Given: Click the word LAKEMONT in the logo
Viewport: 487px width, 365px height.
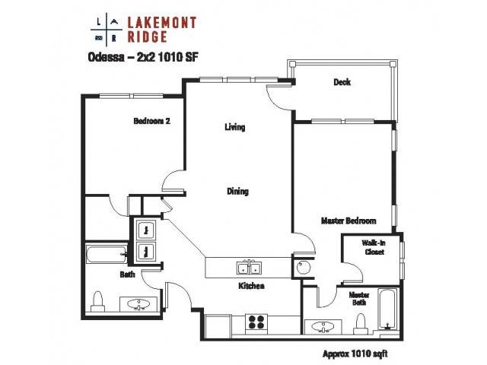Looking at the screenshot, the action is (x=162, y=23).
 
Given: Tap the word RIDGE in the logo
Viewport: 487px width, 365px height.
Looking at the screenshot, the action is (x=148, y=36).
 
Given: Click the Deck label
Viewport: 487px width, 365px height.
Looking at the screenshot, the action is (x=342, y=82).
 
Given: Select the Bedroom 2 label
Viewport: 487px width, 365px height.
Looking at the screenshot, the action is (x=152, y=121).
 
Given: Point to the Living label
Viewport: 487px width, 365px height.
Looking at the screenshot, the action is (x=235, y=127).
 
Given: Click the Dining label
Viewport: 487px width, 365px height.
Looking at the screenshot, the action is (x=237, y=191).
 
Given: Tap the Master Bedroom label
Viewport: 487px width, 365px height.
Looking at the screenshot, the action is (x=349, y=221).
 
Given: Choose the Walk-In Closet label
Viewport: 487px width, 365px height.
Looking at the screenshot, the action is (x=374, y=247).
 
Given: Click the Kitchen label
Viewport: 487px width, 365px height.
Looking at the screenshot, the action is (x=251, y=286).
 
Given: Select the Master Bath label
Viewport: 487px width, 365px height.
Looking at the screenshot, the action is (x=359, y=298).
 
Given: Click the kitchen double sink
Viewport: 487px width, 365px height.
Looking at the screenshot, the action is (x=249, y=268).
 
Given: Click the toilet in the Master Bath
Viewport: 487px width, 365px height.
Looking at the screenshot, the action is (x=361, y=324).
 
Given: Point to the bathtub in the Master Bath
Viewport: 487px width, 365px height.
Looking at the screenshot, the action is (x=387, y=309).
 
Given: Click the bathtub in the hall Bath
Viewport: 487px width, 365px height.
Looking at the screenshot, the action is (x=107, y=254).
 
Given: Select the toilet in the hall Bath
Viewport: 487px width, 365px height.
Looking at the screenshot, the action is (x=98, y=301).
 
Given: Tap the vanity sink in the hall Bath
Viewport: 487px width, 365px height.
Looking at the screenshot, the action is (x=138, y=303).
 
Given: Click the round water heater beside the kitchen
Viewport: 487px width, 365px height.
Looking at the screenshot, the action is (x=303, y=268).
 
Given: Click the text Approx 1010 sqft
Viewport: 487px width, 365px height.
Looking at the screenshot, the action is (x=355, y=354).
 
